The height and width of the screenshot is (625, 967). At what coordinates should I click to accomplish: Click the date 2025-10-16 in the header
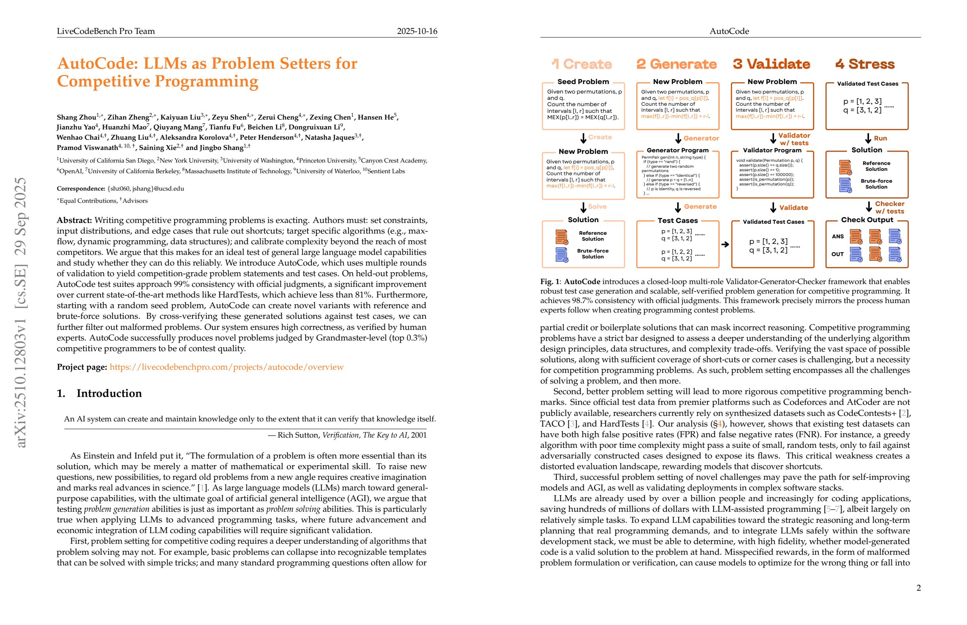coord(417,31)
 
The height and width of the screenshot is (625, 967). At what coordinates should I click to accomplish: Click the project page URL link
coord(226,367)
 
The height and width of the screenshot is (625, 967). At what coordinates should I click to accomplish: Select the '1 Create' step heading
coord(581,64)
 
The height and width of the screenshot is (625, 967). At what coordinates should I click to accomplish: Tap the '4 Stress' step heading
coord(865,64)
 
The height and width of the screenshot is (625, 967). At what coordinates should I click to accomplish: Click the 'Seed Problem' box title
coord(583,82)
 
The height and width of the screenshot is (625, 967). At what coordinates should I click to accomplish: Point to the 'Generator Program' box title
coord(677,150)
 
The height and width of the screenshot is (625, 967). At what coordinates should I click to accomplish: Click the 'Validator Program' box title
coord(772,150)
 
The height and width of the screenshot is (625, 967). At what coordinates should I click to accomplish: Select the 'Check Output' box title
coord(867,220)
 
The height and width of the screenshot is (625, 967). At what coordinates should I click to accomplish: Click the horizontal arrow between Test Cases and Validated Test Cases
coord(725,244)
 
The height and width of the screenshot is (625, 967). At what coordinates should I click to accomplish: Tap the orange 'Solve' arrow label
coord(597,207)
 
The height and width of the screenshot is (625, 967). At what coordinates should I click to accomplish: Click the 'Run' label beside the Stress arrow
coord(880,138)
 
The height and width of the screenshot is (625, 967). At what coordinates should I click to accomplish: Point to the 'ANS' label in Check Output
coord(837,237)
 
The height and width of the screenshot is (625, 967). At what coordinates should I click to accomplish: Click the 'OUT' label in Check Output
coord(837,254)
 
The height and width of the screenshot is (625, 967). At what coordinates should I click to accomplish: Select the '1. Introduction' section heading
coord(100,393)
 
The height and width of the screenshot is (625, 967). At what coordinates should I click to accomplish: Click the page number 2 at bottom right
coord(918,588)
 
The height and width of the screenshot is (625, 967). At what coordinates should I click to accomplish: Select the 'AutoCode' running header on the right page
coord(729,31)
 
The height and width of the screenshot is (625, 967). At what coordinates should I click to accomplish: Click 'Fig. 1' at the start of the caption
coord(549,282)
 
